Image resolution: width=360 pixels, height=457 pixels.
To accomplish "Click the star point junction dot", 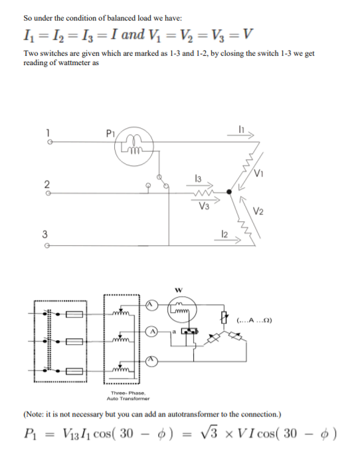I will [230, 192].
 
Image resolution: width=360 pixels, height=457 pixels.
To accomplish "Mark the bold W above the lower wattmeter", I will [177, 290].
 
